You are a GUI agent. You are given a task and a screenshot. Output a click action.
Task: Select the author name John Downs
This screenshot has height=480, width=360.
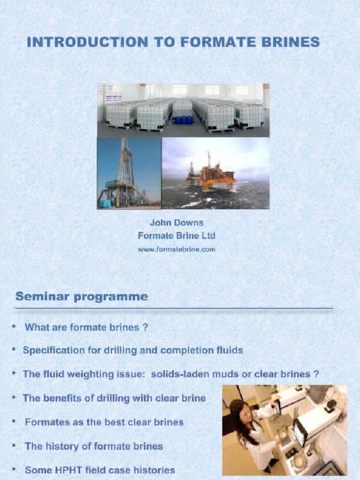coord(176,223)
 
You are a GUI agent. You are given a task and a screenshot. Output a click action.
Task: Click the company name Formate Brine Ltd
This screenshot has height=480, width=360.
coord(176,236)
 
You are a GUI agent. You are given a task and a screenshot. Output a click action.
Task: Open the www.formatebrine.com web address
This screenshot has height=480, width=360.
coord(176,249)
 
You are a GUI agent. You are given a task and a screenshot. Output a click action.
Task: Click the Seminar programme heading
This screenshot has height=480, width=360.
coord(82,297)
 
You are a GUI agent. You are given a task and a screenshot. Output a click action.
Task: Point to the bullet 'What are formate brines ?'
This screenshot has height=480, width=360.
coord(86,327)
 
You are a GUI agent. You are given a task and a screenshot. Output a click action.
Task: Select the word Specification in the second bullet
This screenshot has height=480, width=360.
coord(52,350)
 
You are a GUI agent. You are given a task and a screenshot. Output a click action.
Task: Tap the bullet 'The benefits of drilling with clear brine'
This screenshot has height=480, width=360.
coord(114,398)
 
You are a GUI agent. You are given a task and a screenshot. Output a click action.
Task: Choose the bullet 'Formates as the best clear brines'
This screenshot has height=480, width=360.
coord(104,422)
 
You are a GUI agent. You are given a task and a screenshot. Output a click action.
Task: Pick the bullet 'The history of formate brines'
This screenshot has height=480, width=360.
coord(94,446)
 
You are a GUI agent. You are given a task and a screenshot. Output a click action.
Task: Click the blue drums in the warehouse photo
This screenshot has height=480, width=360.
coord(182,120)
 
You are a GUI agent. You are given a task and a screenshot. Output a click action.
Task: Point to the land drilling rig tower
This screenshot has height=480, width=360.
coord(125,164)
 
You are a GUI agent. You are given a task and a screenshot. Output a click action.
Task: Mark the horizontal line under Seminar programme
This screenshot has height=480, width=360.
coord(173,308)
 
